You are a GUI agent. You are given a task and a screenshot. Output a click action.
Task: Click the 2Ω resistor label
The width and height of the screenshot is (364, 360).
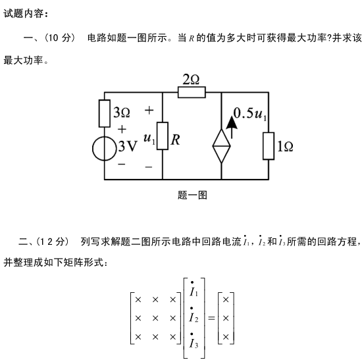(191, 80)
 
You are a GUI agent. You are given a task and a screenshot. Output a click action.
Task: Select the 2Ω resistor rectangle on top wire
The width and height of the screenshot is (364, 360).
(192, 92)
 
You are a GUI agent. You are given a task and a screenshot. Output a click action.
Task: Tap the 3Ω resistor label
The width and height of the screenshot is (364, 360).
(122, 113)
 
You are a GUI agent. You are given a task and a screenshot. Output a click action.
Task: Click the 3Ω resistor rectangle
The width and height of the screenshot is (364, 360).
(105, 113)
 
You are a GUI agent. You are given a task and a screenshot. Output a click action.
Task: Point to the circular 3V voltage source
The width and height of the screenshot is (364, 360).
(105, 149)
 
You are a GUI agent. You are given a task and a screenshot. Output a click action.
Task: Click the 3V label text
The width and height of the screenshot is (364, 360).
(128, 147)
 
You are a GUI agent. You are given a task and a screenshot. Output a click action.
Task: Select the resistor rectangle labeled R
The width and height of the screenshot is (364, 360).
(163, 136)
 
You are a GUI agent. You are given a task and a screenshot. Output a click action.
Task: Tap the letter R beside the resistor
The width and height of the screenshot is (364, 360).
(175, 140)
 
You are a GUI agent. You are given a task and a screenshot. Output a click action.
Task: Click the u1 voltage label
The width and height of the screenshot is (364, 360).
(149, 139)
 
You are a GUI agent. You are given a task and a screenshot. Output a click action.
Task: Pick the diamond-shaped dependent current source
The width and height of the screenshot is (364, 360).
(221, 146)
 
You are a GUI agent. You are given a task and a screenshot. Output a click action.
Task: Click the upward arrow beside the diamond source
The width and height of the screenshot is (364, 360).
(232, 127)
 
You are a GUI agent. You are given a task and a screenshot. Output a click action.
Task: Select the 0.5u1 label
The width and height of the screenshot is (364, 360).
(250, 115)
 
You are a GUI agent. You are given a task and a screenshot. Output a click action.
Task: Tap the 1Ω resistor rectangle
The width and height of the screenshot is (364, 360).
(269, 146)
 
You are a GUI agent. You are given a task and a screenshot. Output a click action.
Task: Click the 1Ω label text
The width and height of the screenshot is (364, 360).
(285, 147)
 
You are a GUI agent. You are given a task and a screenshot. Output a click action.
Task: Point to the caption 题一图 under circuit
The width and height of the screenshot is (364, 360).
(192, 195)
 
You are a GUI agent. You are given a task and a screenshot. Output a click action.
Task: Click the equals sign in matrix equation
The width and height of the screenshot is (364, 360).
(211, 318)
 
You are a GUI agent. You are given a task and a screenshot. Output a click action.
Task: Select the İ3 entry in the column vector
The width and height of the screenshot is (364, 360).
(194, 341)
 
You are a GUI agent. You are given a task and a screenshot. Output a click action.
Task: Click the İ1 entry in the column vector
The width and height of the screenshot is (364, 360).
(194, 289)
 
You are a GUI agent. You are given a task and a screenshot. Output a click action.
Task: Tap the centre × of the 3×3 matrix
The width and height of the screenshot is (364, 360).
(155, 318)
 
